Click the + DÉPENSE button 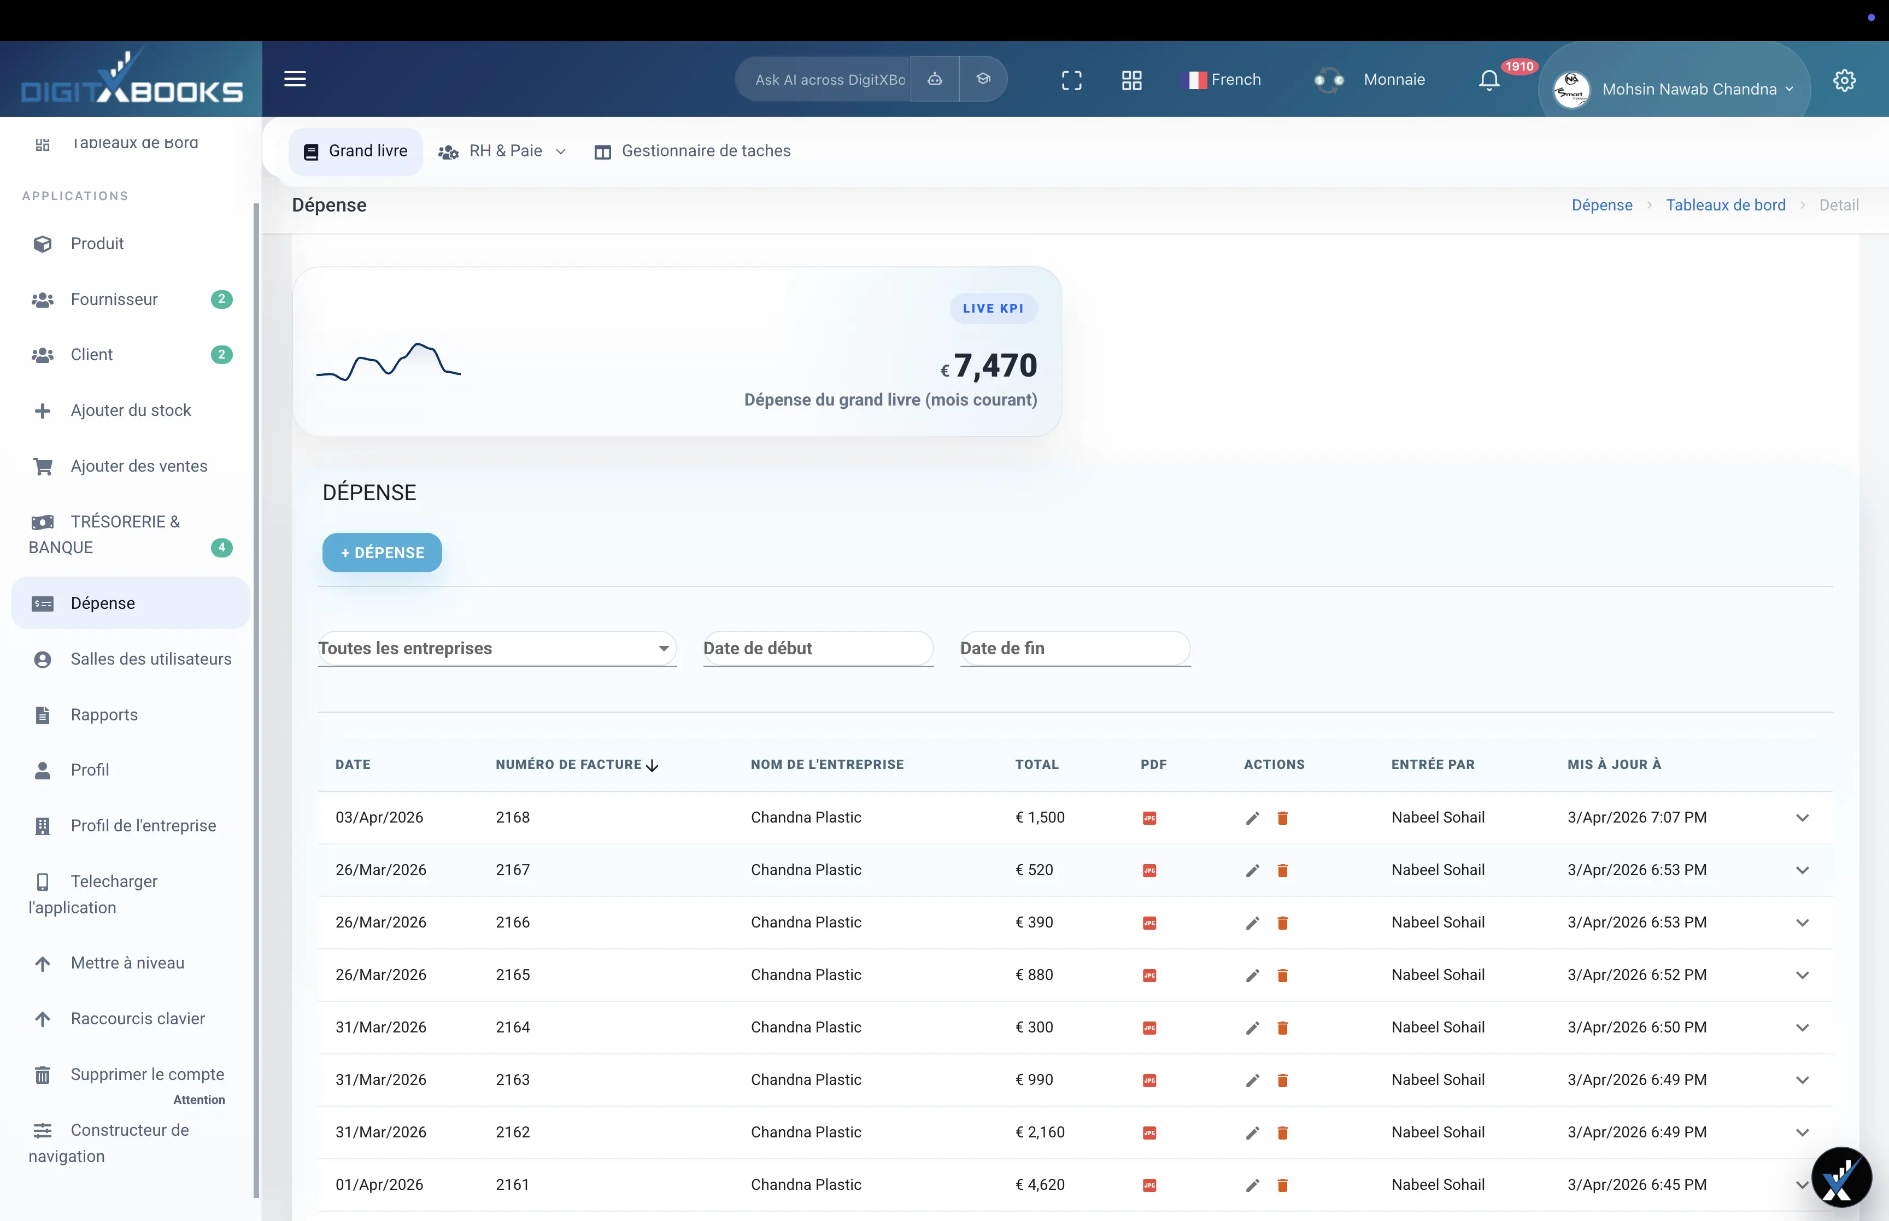point(382,553)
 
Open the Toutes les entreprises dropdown point(497,649)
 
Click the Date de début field point(817,649)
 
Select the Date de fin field point(1074,649)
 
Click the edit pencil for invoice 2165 point(1252,975)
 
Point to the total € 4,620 point(1040,1184)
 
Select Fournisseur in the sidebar point(114,300)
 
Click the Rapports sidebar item point(104,715)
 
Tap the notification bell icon point(1489,80)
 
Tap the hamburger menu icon point(295,79)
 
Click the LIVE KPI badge point(993,308)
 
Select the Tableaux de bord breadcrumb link point(1726,206)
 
